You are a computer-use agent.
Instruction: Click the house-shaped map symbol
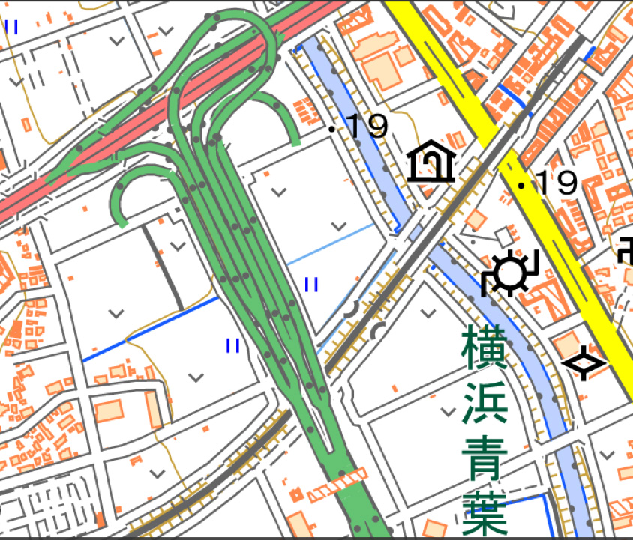431,162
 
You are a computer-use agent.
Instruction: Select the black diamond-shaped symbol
583,364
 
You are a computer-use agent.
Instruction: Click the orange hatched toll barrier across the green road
338,484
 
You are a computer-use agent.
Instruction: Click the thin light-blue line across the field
330,243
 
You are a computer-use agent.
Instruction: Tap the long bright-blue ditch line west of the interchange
150,330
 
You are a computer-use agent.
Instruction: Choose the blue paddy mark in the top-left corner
12,27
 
